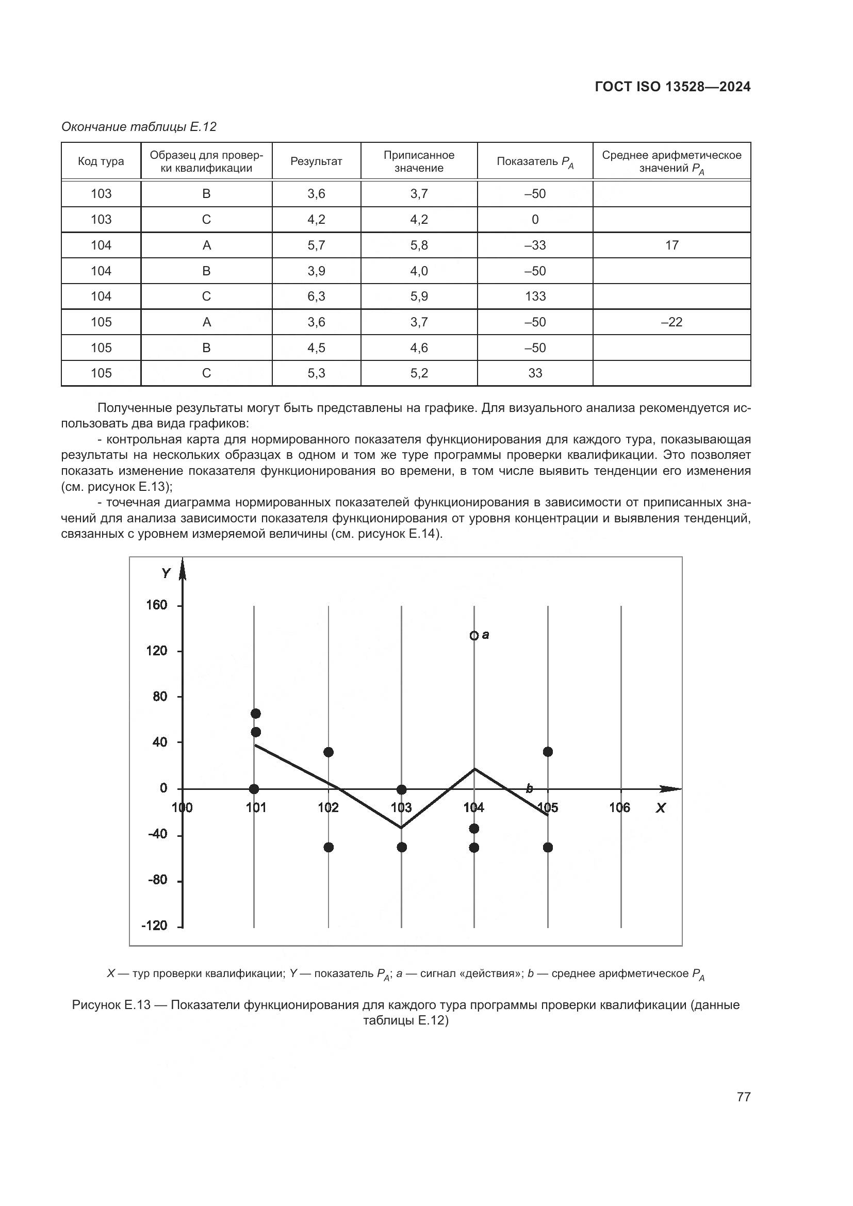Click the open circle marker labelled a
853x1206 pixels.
point(474,636)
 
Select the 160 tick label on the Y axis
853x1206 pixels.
point(157,605)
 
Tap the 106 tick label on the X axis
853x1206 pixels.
point(620,808)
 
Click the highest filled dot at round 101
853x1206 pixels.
point(256,713)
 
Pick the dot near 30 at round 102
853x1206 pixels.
point(329,752)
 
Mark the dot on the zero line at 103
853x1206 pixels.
point(402,789)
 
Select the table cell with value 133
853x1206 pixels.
point(535,296)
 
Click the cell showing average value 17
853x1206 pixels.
point(671,245)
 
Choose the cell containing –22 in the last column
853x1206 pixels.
point(671,322)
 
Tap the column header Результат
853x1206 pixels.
point(316,161)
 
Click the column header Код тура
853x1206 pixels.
point(101,161)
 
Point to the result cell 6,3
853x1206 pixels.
point(316,296)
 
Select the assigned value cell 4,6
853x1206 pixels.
point(419,348)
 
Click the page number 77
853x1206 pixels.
point(743,1097)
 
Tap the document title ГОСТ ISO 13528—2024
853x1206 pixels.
point(672,87)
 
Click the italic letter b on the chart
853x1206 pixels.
point(530,788)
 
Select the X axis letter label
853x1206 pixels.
point(660,808)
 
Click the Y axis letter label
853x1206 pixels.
point(167,573)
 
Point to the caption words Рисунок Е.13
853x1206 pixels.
point(111,1005)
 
